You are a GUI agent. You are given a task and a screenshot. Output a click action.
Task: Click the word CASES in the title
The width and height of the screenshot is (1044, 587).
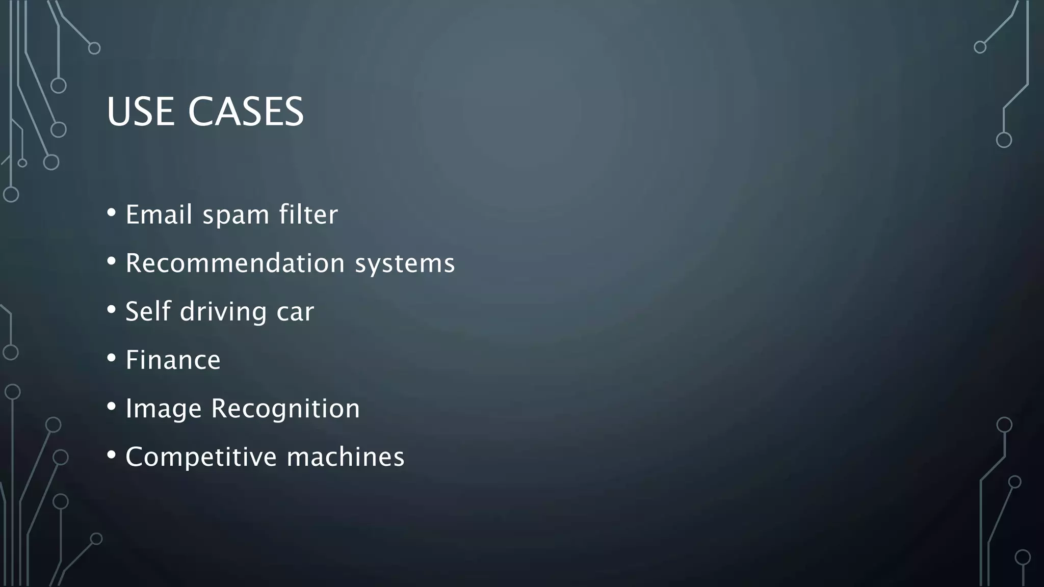[x=246, y=112]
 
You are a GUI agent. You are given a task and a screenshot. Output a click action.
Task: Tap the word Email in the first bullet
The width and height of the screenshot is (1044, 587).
[x=159, y=214]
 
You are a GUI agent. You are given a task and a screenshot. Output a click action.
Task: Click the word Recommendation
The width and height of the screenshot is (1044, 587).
[x=235, y=263]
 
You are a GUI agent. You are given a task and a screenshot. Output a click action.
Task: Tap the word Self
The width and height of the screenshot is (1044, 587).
[x=148, y=311]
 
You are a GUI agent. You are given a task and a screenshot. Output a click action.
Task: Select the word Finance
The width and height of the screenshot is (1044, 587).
[x=173, y=360]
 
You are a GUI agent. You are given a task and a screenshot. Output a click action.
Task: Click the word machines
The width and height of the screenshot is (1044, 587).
[x=346, y=457]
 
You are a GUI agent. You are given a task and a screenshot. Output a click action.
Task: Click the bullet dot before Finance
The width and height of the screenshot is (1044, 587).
[x=112, y=358]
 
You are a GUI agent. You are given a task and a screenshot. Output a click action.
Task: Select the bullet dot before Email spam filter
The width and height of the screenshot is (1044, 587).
[x=112, y=212]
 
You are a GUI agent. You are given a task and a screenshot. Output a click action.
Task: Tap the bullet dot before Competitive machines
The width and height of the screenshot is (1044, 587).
[x=112, y=455]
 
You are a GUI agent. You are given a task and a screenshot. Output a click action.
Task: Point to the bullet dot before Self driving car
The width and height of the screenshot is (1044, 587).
[x=112, y=309]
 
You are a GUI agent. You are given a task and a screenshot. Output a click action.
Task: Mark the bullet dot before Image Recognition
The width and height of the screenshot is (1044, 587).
[x=112, y=406]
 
